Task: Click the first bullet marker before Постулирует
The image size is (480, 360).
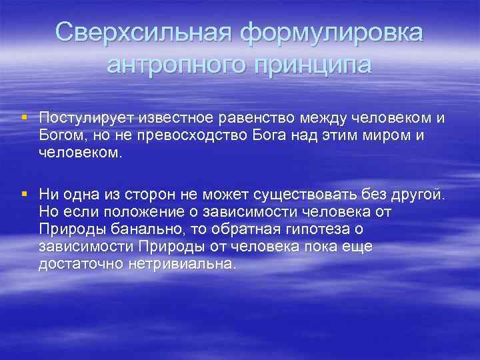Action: point(24,117)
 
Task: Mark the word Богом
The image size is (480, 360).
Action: point(60,135)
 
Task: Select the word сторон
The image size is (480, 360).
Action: point(151,195)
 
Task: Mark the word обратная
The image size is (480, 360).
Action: point(254,229)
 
